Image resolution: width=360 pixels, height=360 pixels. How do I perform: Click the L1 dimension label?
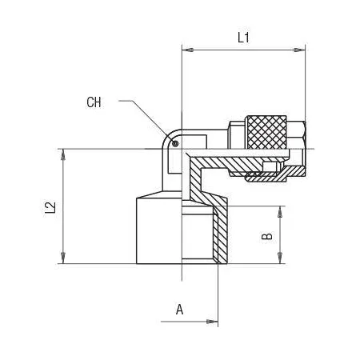[243, 38]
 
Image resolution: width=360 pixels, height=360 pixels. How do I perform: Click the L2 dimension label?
[50, 207]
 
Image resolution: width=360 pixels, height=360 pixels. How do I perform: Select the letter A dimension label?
[179, 310]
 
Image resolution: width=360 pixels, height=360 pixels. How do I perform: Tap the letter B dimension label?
[267, 236]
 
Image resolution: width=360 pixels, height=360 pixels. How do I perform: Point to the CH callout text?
[94, 102]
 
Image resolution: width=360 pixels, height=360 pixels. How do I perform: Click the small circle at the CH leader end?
[175, 144]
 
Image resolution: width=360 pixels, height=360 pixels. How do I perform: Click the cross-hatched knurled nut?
[266, 132]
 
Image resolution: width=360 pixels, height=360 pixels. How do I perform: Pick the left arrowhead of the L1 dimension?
[187, 50]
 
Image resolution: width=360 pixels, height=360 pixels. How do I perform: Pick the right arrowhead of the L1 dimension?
[299, 50]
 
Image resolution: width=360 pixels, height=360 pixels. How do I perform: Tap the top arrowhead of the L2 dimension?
[63, 154]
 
